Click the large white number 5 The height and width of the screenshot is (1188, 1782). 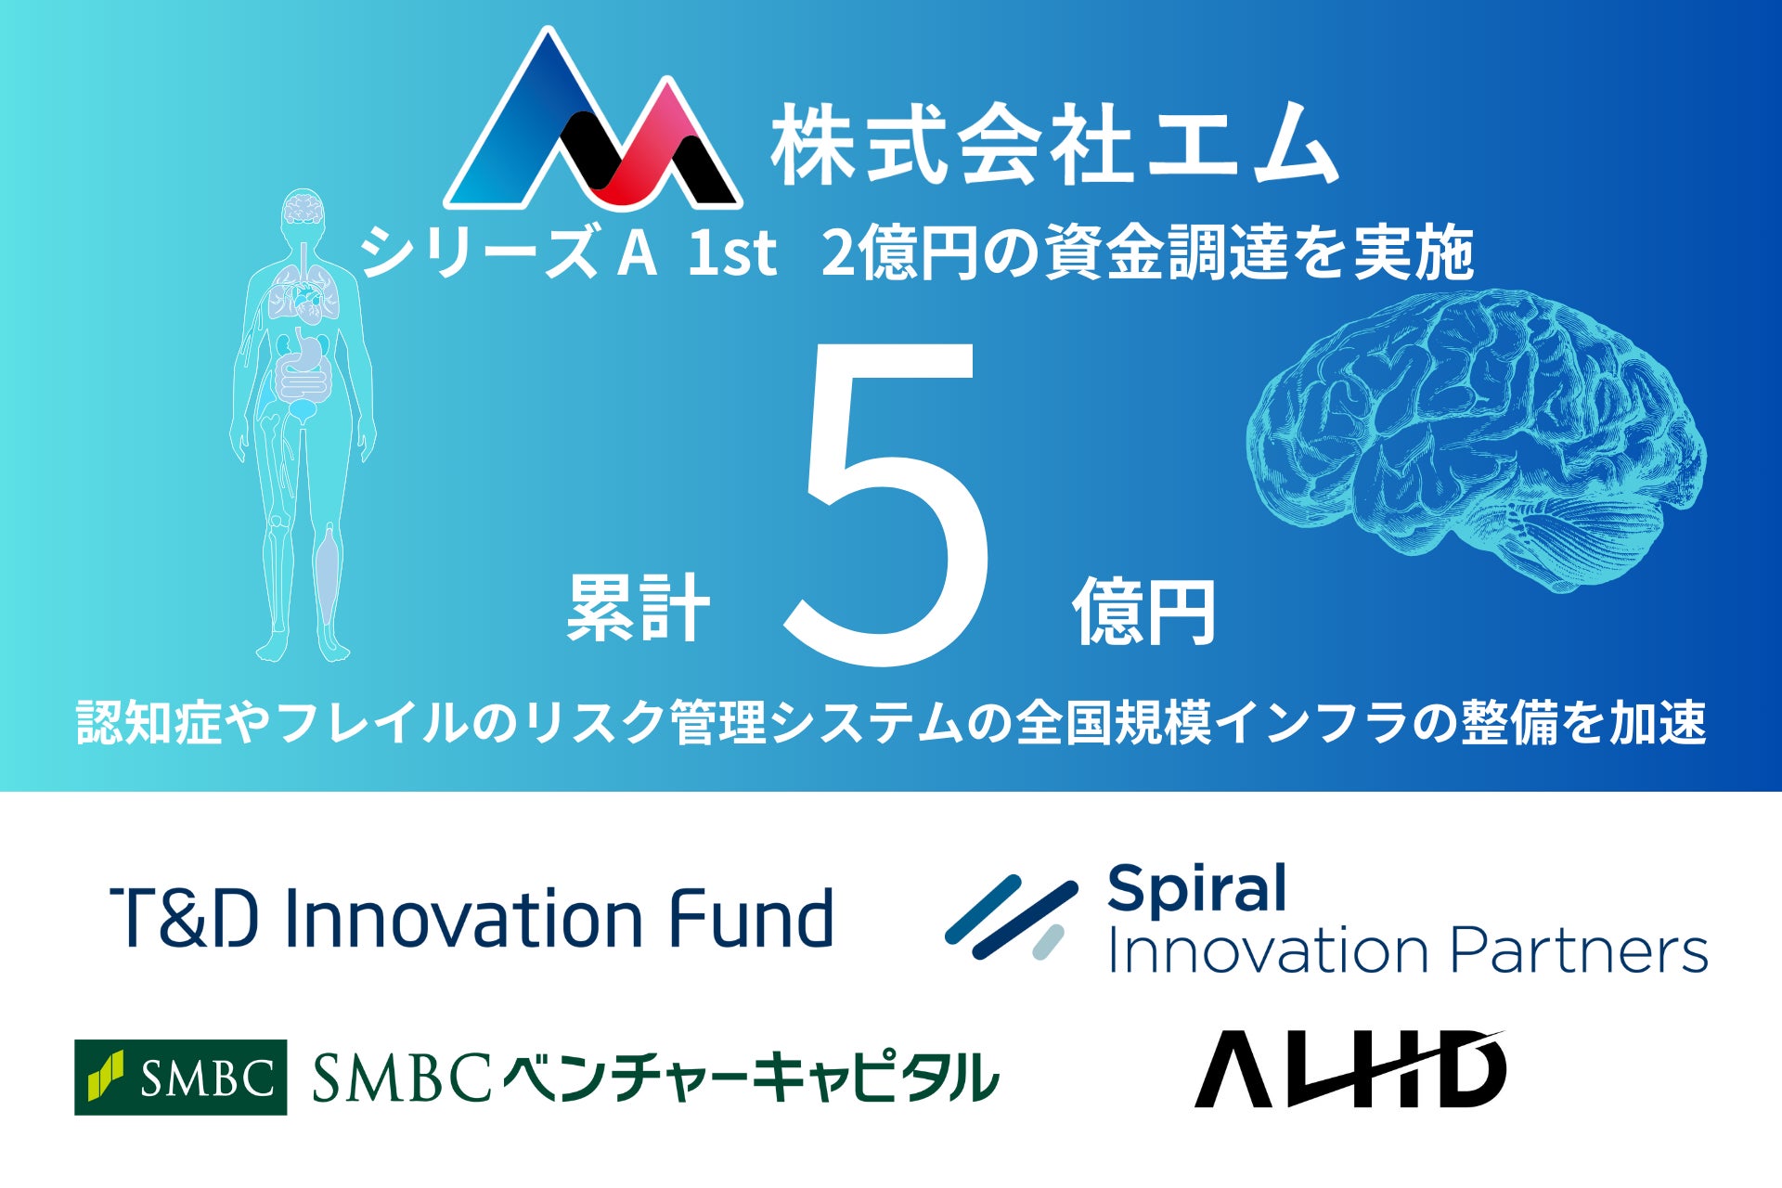click(x=886, y=504)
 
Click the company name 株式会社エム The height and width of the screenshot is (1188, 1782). click(x=1054, y=144)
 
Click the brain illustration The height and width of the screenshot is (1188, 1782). click(x=1476, y=436)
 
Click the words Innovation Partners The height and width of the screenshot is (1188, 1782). click(x=1408, y=950)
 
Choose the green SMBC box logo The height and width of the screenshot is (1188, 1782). click(x=180, y=1077)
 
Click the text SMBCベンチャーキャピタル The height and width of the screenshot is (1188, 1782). click(x=655, y=1078)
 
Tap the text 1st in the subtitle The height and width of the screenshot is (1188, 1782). click(x=731, y=253)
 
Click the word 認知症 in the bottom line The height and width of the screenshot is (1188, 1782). click(x=149, y=722)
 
